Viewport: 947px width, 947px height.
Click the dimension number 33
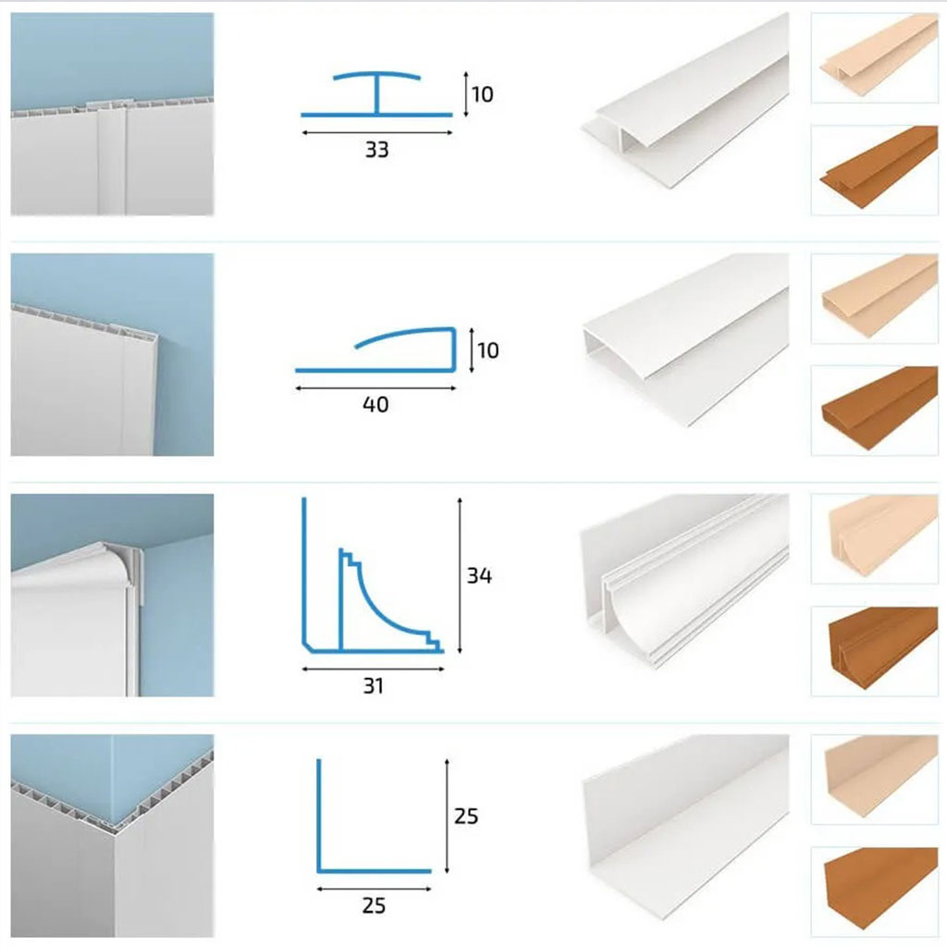tap(377, 150)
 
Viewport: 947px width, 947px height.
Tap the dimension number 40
tap(375, 405)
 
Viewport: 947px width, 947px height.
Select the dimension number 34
tap(479, 575)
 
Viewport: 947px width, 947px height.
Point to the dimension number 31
tap(374, 686)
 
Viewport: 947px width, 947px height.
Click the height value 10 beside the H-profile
tap(483, 94)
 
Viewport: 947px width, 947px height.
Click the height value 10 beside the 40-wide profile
tap(488, 351)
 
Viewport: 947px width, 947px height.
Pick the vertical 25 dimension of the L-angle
tap(466, 816)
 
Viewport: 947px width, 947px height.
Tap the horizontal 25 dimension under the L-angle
tap(374, 905)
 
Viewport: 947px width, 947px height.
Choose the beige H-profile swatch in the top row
tap(875, 58)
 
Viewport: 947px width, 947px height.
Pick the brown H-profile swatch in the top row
tap(875, 170)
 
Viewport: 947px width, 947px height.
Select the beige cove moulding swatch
tap(875, 539)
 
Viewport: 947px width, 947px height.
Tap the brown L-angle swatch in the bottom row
tap(875, 892)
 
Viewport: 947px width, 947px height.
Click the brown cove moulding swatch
tap(875, 651)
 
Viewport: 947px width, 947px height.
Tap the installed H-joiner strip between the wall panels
tap(112, 158)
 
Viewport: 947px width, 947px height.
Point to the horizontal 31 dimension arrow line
tap(374, 670)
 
